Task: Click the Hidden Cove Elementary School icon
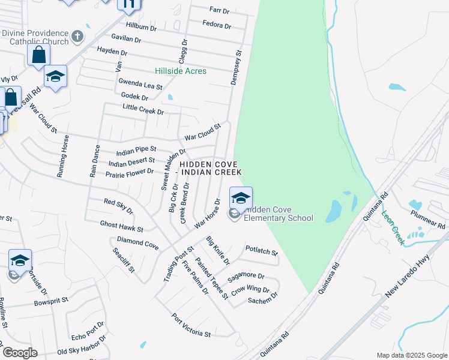pos(241,198)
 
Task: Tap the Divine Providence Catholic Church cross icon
pos(77,37)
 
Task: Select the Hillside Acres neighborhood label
pos(180,71)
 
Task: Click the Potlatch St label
pos(262,250)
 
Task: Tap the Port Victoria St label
pos(191,325)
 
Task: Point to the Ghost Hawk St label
pos(122,226)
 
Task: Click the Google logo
pos(20,353)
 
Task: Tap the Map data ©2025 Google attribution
pos(411,355)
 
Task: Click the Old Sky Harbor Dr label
pos(81,346)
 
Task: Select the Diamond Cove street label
pos(137,242)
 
